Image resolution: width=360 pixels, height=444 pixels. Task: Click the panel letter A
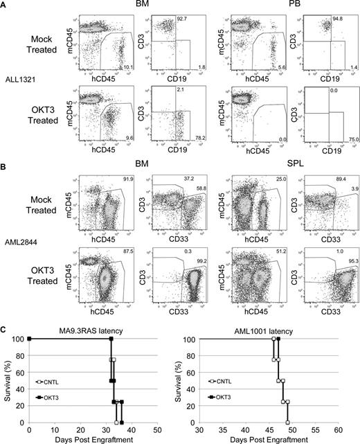5,5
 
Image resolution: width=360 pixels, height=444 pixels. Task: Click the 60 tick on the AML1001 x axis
352,429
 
